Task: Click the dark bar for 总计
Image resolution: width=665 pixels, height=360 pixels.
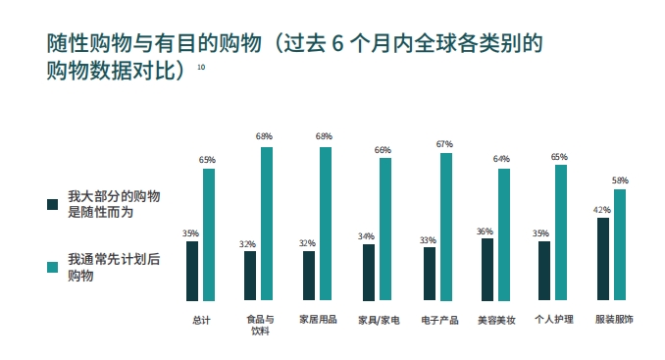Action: tap(192, 271)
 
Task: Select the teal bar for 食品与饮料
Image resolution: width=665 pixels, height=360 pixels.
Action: tap(266, 224)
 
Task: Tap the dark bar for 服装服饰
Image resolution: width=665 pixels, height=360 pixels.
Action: tap(602, 259)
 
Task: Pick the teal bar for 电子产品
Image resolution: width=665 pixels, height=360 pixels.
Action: tap(446, 227)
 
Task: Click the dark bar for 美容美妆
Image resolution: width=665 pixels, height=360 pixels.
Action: tap(486, 270)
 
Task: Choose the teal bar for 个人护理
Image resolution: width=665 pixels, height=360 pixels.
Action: tap(561, 232)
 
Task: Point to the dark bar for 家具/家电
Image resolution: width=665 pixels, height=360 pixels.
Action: tap(368, 272)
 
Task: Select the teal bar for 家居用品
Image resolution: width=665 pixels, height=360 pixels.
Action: tap(326, 224)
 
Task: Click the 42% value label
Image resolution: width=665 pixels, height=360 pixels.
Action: tap(602, 210)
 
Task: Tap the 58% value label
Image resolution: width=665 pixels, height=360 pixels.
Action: tap(620, 181)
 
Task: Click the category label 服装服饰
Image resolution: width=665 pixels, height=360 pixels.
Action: tap(614, 319)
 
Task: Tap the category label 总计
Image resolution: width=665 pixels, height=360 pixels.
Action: tap(201, 319)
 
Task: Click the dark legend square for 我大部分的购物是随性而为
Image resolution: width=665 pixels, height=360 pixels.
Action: tap(54, 203)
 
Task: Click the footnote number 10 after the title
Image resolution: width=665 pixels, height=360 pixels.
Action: tap(201, 67)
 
